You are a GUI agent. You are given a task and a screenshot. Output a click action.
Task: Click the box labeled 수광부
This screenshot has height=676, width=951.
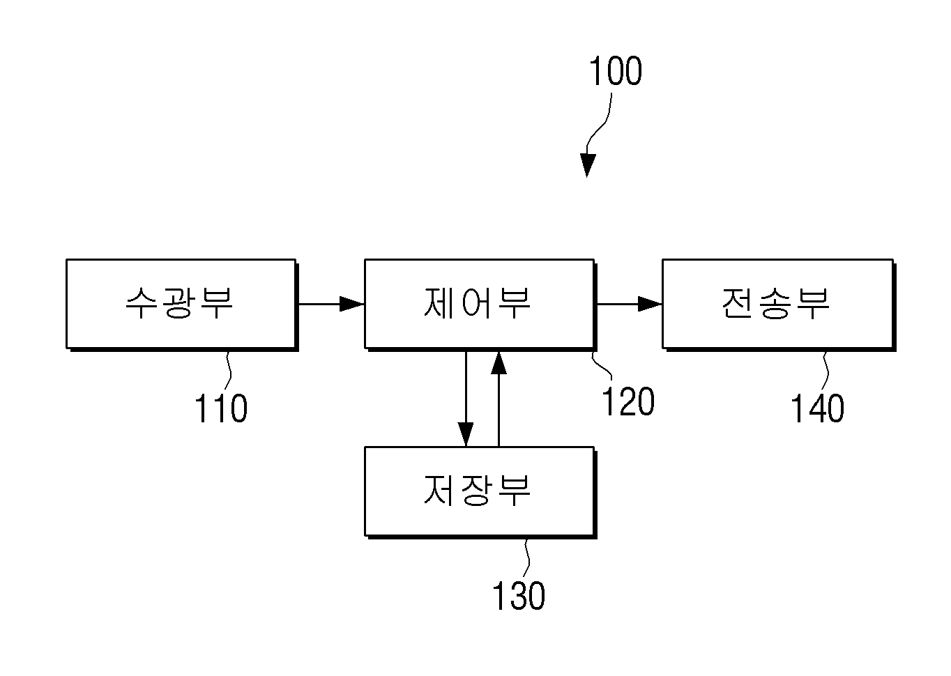pos(182,305)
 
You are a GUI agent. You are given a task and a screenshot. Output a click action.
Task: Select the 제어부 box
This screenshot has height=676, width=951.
pos(480,305)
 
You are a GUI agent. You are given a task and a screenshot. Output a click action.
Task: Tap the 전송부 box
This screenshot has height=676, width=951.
pos(779,305)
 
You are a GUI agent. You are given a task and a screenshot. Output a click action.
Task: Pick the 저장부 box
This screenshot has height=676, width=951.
pos(480,492)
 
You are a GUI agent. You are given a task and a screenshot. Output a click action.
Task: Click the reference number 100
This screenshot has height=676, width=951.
pos(615,71)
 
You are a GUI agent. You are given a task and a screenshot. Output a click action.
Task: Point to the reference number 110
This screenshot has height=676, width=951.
pos(221,408)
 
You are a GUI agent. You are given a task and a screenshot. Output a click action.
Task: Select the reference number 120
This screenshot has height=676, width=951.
pos(628,401)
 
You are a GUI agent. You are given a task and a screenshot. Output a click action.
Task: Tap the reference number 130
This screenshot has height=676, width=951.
pos(519,595)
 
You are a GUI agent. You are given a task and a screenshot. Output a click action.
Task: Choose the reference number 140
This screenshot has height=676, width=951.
pos(817,408)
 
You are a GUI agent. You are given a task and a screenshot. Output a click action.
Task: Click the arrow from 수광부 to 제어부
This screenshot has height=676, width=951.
pos(332,304)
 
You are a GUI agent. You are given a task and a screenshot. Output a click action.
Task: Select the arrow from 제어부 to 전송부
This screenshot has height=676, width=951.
pos(630,304)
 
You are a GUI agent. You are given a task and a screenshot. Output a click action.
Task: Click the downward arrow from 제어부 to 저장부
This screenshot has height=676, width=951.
pos(466,399)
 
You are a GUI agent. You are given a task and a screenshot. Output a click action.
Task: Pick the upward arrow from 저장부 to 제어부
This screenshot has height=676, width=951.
pos(499,399)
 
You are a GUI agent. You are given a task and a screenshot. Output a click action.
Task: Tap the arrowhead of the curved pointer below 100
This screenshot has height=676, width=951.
pos(588,165)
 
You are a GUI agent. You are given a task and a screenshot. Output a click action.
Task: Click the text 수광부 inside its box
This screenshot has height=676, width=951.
pos(179,302)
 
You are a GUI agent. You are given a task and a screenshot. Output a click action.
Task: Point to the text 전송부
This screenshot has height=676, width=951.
pos(775,302)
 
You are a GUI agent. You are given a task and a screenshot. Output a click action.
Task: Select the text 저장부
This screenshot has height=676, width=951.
pos(477,491)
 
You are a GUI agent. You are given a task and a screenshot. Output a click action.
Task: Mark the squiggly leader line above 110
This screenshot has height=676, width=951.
pos(229,369)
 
